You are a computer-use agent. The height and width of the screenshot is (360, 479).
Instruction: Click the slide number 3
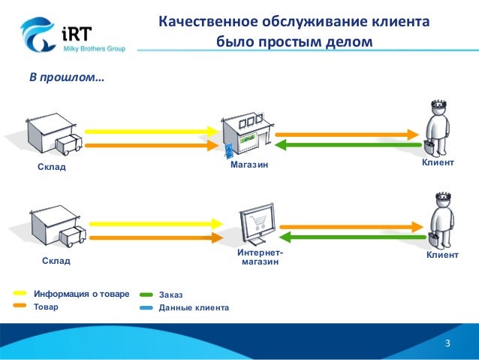(x=447, y=344)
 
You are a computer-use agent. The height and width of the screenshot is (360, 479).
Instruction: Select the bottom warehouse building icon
(x=53, y=225)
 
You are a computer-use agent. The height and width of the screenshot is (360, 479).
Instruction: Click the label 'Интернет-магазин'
(x=260, y=258)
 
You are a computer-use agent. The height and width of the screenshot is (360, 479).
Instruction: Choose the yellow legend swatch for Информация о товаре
(x=21, y=293)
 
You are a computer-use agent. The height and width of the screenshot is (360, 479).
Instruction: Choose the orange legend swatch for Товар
(x=21, y=307)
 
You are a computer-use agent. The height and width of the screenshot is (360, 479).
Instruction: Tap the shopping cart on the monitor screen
(x=258, y=219)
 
